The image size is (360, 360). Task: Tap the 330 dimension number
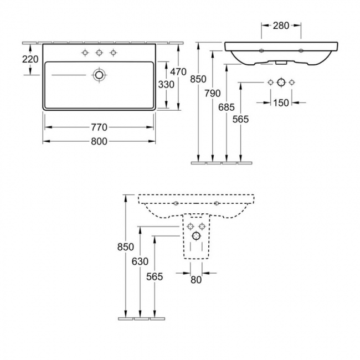(167, 84)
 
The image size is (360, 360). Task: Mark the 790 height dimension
(213, 92)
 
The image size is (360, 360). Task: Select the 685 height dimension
(227, 106)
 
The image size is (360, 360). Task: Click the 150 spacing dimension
(282, 102)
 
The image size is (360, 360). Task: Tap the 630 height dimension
(141, 261)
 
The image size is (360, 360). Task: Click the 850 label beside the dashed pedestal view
(126, 247)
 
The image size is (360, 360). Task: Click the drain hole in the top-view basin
(99, 75)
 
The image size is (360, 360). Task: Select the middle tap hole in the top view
(99, 53)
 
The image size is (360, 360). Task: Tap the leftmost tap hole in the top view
(85, 53)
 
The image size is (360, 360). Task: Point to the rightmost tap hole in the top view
(114, 53)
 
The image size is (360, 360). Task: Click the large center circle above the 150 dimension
(281, 82)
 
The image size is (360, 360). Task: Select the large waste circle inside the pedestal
(196, 236)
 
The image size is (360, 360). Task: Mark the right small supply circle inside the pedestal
(202, 225)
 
